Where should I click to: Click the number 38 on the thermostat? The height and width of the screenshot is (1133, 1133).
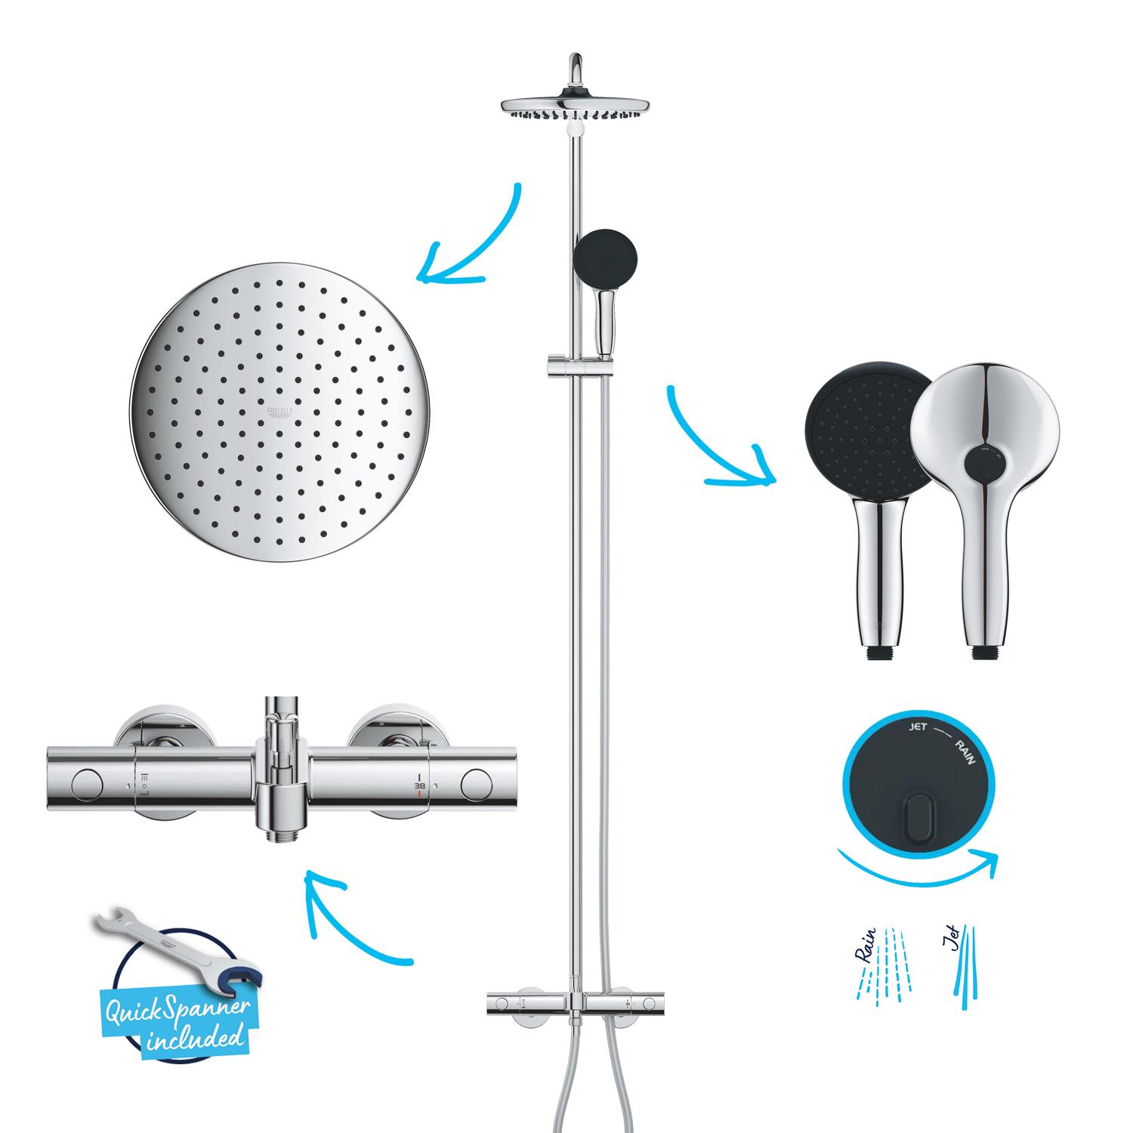tap(420, 785)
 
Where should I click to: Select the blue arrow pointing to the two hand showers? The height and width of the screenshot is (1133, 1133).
tap(718, 446)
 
